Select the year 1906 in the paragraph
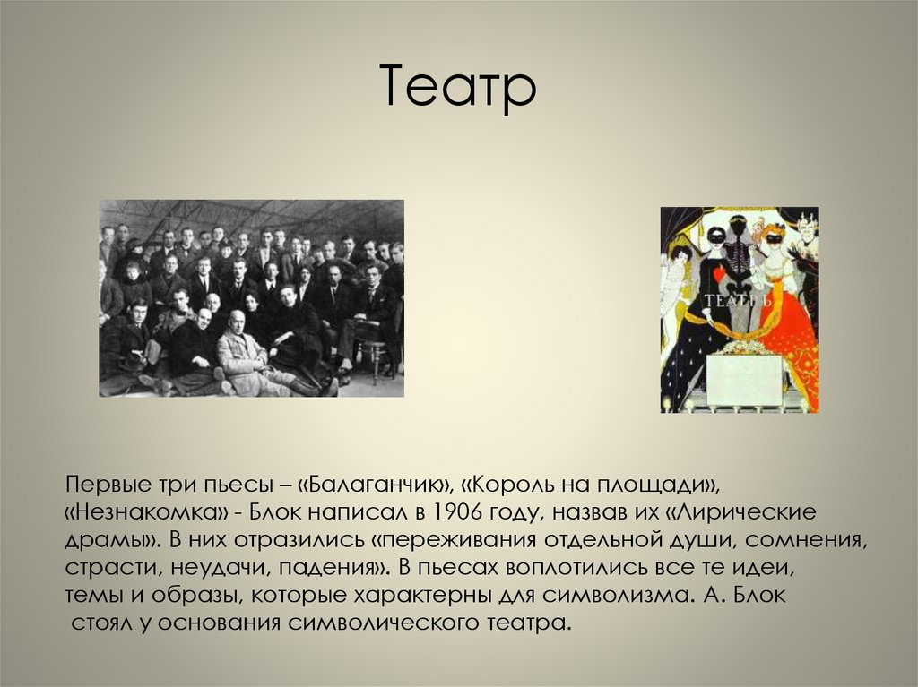click(447, 513)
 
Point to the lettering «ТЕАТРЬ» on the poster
click(739, 300)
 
